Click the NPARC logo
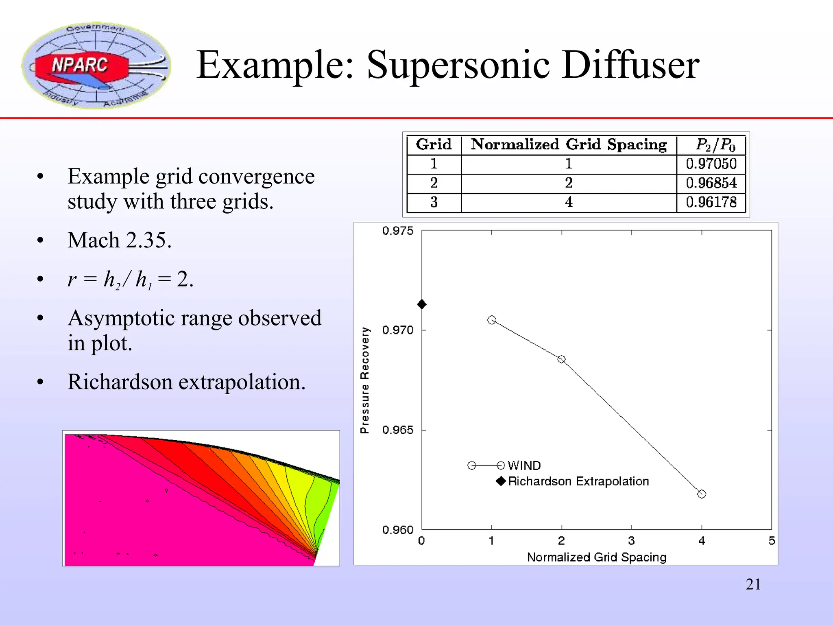point(96,65)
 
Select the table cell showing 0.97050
point(711,164)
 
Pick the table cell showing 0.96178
point(711,202)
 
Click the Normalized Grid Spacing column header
point(569,144)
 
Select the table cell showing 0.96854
point(711,183)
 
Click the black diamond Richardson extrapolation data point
point(422,304)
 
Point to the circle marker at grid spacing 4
point(702,494)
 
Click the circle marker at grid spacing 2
point(561,359)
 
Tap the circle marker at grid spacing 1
point(492,320)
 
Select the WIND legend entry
point(524,465)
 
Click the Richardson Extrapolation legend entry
point(578,481)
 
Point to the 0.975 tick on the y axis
point(397,231)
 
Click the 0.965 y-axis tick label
point(397,430)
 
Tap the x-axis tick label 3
point(631,541)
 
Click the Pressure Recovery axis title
point(365,380)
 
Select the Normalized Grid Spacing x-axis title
point(597,557)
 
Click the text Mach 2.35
point(120,240)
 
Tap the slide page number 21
point(753,584)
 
